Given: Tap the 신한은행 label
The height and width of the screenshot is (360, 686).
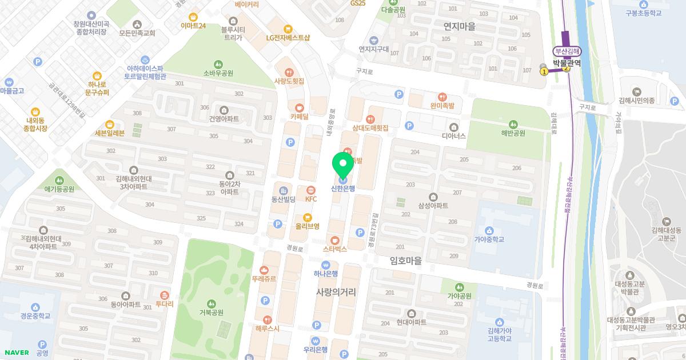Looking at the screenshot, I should [x=343, y=189].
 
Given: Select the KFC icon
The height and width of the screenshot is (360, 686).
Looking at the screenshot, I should [x=311, y=190].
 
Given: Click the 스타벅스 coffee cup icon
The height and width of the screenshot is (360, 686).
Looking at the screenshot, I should [x=335, y=241].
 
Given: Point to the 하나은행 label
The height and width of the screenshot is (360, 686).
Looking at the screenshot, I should [x=326, y=274].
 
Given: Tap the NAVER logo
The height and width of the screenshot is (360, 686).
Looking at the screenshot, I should [x=15, y=353].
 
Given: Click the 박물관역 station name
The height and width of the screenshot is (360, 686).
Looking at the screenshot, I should [x=567, y=63].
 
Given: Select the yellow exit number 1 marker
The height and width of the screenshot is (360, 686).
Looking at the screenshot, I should [x=544, y=71].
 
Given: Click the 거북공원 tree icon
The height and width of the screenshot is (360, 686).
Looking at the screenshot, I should [x=212, y=303].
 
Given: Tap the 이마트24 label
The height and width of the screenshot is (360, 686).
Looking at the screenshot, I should [x=193, y=26].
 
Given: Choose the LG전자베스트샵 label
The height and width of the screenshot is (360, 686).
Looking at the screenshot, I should [x=288, y=38].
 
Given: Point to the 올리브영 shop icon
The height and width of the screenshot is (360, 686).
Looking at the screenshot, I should [x=308, y=217].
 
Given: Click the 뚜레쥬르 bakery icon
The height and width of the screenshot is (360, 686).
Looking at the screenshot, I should [x=264, y=270].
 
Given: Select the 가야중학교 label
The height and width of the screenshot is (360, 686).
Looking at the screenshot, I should [x=489, y=239].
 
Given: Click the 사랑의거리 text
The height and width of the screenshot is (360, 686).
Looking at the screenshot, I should [x=336, y=291].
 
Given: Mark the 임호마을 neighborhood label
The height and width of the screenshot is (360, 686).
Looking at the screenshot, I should [x=405, y=261].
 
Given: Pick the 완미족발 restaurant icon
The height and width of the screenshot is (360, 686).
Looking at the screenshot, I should [x=441, y=97].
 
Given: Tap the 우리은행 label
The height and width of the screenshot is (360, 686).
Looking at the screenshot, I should [x=316, y=350].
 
